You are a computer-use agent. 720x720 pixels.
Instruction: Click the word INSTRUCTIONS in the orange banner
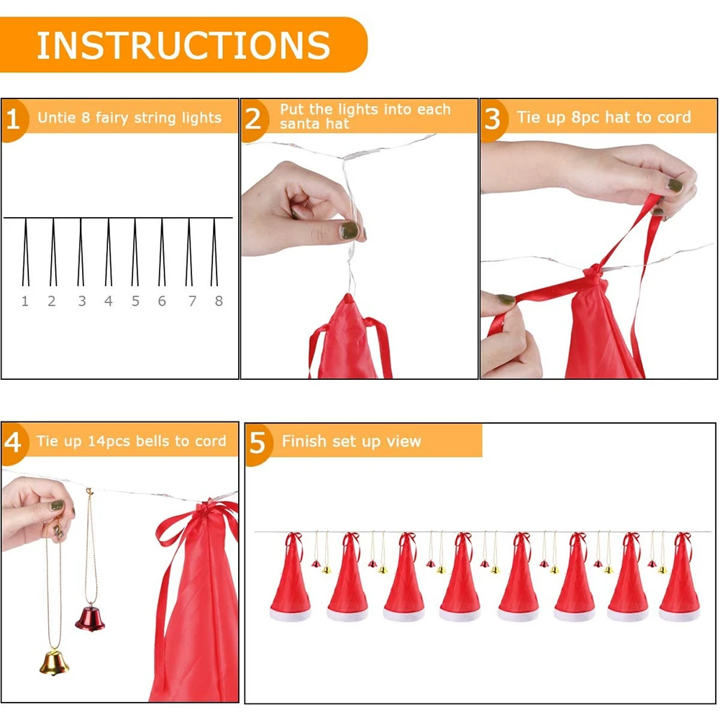[x=183, y=45]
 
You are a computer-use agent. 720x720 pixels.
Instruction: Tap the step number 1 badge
[x=13, y=119]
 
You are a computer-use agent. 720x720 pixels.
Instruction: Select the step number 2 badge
[x=253, y=119]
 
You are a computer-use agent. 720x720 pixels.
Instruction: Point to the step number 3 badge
[x=493, y=119]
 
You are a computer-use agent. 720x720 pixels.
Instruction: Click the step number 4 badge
[x=13, y=442]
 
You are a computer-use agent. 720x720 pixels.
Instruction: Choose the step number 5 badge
[x=258, y=443]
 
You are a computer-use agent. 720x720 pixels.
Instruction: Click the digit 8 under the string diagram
[x=219, y=301]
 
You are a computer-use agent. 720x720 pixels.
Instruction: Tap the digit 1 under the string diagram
[x=24, y=301]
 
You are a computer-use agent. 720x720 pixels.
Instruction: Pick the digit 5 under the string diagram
[x=135, y=301]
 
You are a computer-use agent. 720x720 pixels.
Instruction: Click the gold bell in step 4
[x=54, y=662]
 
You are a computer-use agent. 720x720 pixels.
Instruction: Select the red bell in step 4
[x=91, y=618]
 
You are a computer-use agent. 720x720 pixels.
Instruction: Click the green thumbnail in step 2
[x=349, y=230]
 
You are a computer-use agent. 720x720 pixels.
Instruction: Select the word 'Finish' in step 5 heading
[x=304, y=441]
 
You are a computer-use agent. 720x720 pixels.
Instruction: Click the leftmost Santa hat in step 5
[x=291, y=577]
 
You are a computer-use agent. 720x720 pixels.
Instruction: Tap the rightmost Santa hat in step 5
[x=680, y=577]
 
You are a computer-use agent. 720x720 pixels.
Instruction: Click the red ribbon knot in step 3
[x=594, y=271]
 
